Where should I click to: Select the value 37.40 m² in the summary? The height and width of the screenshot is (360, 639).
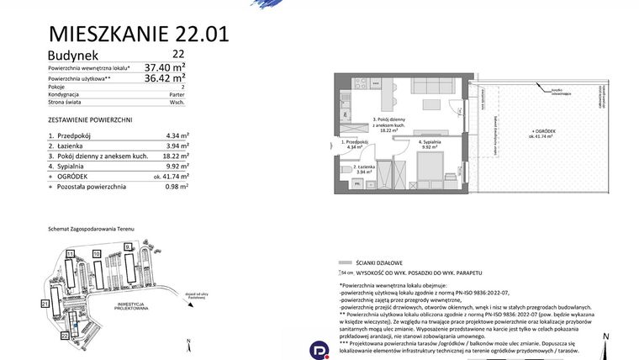pos(165,66)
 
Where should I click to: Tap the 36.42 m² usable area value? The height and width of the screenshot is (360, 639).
pos(165,78)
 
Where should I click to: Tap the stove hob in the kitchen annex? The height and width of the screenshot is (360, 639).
pos(362,82)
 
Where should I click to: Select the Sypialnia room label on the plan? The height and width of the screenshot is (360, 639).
pos(432,143)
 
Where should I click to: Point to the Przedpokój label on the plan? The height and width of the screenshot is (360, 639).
pos(353,144)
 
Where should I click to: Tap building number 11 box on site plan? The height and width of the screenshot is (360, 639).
pos(71,252)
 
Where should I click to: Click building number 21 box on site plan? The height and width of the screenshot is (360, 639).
pos(45,302)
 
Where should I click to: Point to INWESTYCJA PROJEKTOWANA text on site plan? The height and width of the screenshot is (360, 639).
pos(133,307)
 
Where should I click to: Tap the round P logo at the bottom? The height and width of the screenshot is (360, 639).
pos(319,349)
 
